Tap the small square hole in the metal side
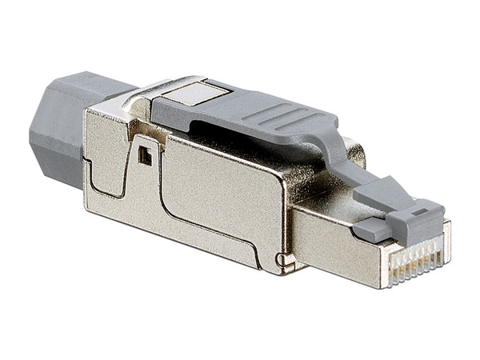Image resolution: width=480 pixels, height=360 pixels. click(x=145, y=158)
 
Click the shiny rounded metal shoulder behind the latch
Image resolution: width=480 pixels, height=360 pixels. click(x=352, y=152)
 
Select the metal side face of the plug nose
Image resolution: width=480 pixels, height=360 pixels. click(x=328, y=240)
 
